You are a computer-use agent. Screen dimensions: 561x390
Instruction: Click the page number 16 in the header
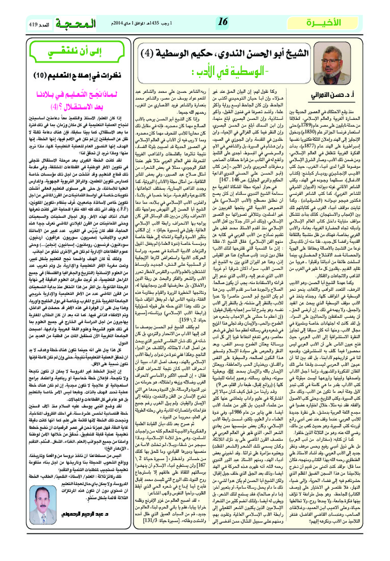(x=223, y=22)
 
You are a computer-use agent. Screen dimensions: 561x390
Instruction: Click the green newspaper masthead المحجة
(x=75, y=23)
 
